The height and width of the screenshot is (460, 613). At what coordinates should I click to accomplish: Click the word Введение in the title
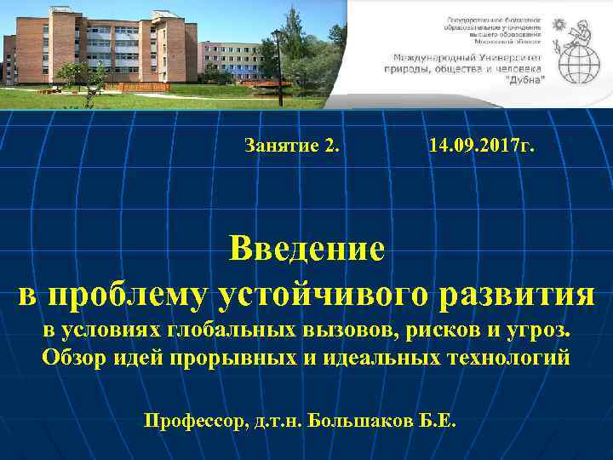(306, 251)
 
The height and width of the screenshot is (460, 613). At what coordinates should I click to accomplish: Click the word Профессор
(194, 421)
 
